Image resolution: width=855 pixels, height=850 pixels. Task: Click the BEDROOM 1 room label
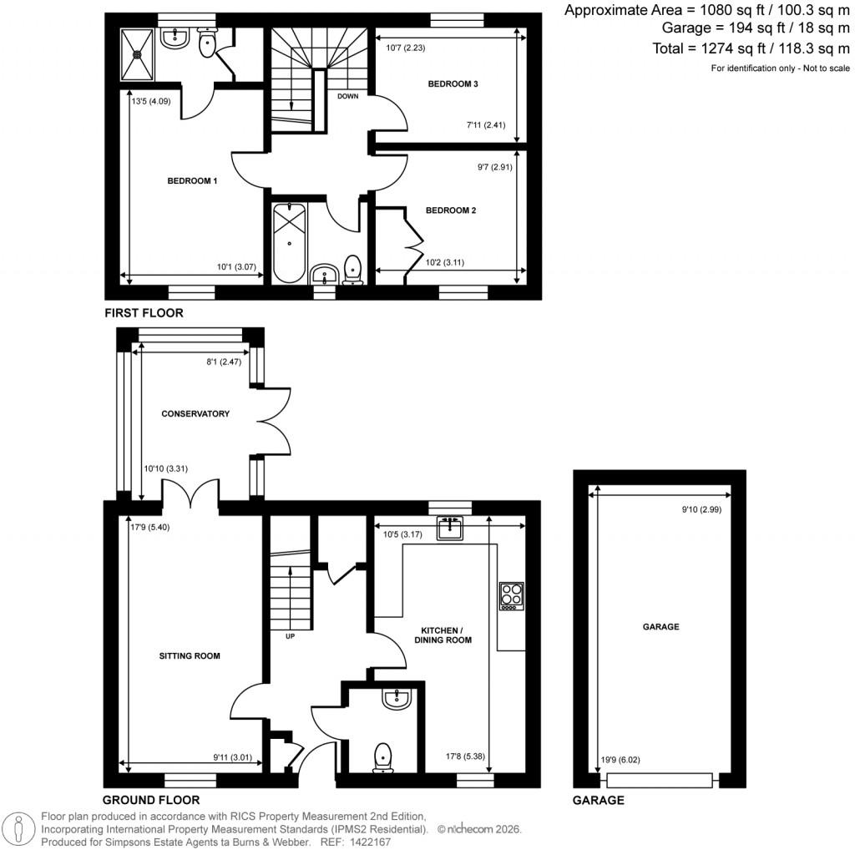[192, 181]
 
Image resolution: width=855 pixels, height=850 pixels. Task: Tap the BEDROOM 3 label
[453, 84]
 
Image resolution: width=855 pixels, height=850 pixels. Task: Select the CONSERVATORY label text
[195, 414]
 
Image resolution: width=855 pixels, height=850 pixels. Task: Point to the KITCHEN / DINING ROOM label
[443, 635]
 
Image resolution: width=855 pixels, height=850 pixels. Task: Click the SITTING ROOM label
[190, 656]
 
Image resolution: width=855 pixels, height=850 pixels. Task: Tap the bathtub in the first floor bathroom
[288, 242]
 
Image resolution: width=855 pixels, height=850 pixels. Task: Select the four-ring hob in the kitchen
[510, 595]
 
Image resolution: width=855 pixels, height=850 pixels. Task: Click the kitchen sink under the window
[452, 528]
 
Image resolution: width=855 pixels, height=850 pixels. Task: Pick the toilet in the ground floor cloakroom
[383, 755]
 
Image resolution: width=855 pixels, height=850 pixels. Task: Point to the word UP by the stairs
[290, 637]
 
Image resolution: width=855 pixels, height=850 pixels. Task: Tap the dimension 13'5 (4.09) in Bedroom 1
[150, 104]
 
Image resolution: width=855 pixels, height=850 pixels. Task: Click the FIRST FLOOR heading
[143, 313]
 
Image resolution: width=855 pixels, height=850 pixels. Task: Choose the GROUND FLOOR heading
[151, 800]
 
